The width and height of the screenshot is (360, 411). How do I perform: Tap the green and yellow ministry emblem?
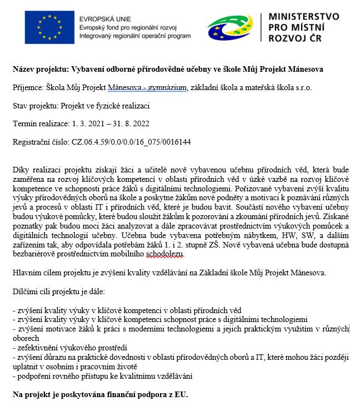coord(233,27)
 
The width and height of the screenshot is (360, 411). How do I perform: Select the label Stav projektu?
coord(35,106)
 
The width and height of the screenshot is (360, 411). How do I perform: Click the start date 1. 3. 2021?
coord(89,123)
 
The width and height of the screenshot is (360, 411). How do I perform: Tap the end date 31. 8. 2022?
coord(136,123)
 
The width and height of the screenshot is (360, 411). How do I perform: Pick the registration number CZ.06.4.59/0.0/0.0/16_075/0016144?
coord(131,142)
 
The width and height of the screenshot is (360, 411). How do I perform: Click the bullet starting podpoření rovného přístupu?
coord(102,377)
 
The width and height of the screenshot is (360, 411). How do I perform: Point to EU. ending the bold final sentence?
coord(181,395)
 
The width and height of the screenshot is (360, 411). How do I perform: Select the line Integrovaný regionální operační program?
coord(135,35)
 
